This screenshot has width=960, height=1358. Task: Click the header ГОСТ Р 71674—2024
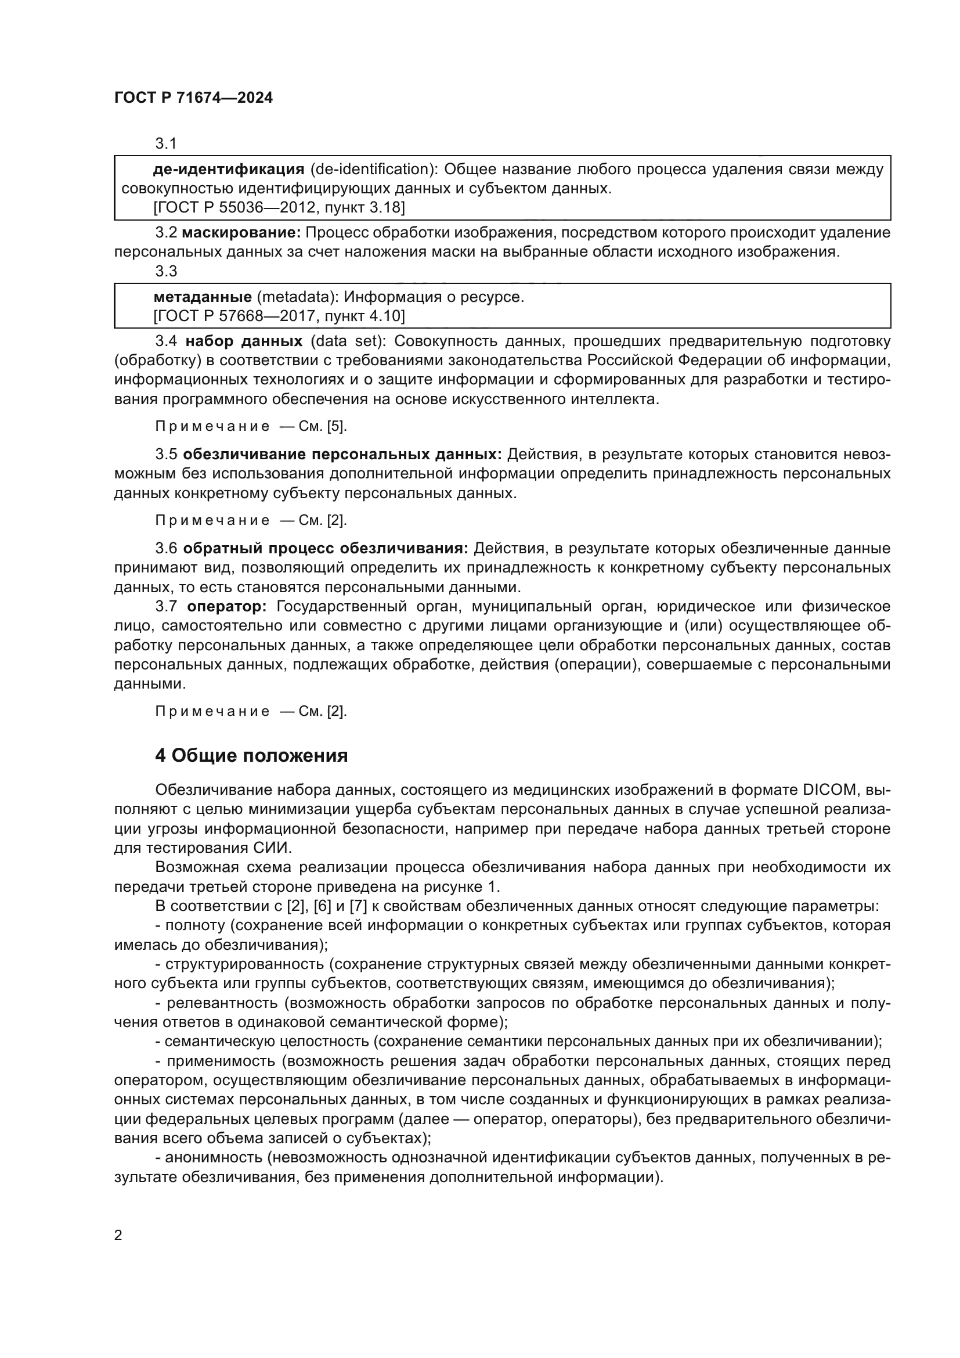(193, 98)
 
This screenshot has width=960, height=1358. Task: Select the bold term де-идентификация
(228, 170)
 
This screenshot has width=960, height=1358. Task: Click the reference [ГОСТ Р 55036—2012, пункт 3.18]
(279, 207)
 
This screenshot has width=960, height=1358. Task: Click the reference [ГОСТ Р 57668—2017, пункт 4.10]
(279, 316)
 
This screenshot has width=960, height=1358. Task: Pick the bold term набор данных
(244, 341)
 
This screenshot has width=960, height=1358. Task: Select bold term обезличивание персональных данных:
(342, 454)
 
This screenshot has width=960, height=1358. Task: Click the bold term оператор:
(227, 606)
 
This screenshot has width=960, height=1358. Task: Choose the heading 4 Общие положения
(251, 756)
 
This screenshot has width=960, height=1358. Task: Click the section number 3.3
(166, 271)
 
